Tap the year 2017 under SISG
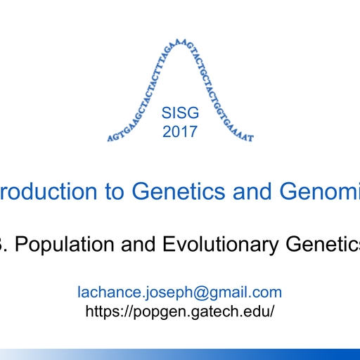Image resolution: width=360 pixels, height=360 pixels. click(180, 131)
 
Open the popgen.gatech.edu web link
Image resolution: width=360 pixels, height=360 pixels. click(179, 310)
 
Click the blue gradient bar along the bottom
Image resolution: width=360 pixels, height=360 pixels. click(180, 354)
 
